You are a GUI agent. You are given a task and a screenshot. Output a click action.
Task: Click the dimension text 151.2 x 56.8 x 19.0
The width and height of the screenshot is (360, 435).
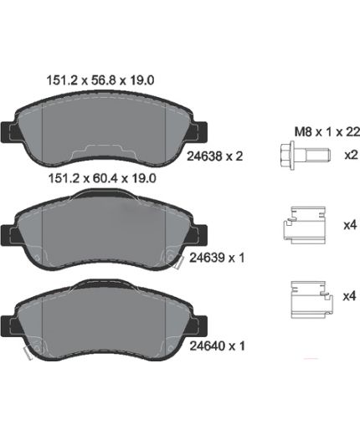click(100, 80)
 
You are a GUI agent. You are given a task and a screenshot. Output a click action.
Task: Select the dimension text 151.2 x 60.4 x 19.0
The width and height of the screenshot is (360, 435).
click(102, 178)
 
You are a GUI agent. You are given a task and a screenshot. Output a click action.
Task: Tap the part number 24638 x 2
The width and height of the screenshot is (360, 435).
click(214, 156)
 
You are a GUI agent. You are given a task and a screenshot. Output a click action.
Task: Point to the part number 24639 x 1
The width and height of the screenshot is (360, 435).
click(217, 258)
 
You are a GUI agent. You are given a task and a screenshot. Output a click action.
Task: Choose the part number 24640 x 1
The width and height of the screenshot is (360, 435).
click(217, 346)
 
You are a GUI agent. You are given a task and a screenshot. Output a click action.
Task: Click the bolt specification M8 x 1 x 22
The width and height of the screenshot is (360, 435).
click(327, 132)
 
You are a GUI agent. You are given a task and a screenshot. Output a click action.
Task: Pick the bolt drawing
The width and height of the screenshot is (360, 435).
click(306, 155)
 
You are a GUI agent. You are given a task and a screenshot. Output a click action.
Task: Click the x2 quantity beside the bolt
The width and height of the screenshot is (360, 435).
click(351, 155)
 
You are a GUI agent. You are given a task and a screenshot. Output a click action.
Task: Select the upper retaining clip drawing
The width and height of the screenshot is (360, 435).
click(305, 225)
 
